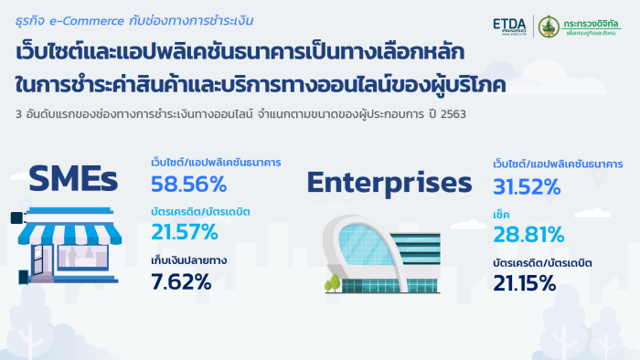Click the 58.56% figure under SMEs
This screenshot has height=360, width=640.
click(188, 184)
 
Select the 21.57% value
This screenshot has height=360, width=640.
click(185, 232)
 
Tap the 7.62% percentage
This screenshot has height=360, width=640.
click(181, 281)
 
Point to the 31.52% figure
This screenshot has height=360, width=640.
click(527, 186)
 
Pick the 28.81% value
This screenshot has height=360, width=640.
click(528, 235)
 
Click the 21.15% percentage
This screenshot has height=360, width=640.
click(525, 283)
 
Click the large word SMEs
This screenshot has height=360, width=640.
click(73, 178)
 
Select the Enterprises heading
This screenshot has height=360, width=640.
click(389, 182)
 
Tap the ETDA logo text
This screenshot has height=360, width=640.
click(509, 25)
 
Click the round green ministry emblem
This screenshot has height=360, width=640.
click(549, 26)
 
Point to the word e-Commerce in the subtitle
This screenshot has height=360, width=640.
click(87, 21)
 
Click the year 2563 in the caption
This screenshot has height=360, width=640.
click(453, 113)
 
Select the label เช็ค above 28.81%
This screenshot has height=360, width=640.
click(501, 215)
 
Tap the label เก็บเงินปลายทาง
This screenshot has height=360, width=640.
click(188, 260)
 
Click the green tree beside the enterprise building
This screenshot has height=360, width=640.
click(333, 283)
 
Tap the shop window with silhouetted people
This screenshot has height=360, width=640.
click(83, 257)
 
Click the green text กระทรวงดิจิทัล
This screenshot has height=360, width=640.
click(591, 24)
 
